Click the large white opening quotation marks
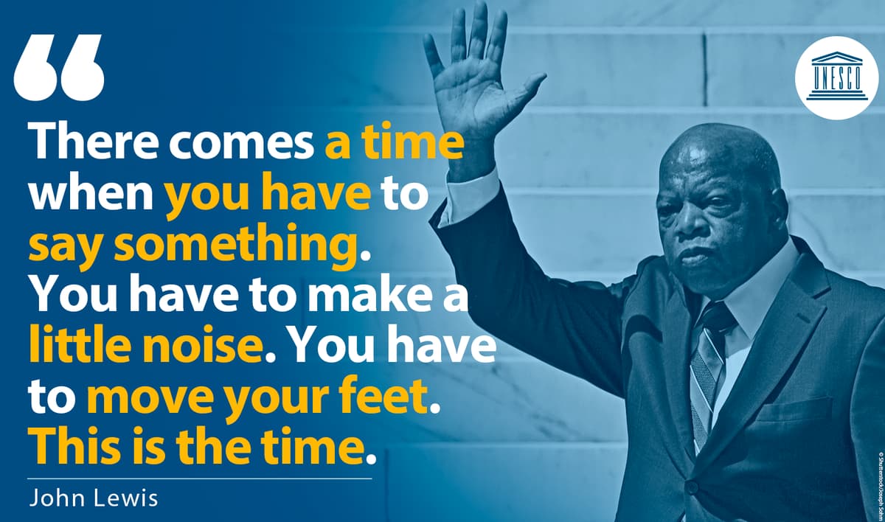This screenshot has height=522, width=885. tap(59, 68)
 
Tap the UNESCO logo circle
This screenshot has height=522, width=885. tap(836, 78)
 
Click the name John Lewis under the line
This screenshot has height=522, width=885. tap(94, 498)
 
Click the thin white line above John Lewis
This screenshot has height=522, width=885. tap(200, 478)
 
